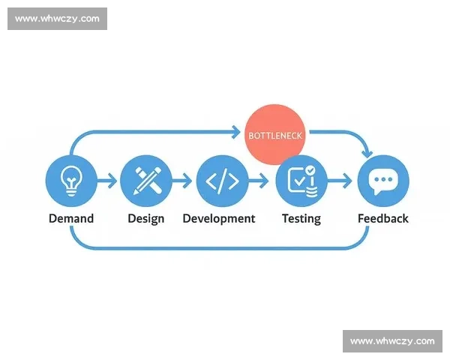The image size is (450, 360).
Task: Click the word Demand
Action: point(71,218)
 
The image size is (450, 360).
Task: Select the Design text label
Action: point(146,218)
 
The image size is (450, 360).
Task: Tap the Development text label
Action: point(219,218)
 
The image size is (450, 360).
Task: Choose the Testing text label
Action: point(301,218)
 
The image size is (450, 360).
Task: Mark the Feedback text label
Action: point(383,218)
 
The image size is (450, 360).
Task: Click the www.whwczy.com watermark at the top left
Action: point(57,19)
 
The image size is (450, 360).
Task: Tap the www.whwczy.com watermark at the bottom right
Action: point(392,341)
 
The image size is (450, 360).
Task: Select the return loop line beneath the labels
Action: point(219,247)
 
